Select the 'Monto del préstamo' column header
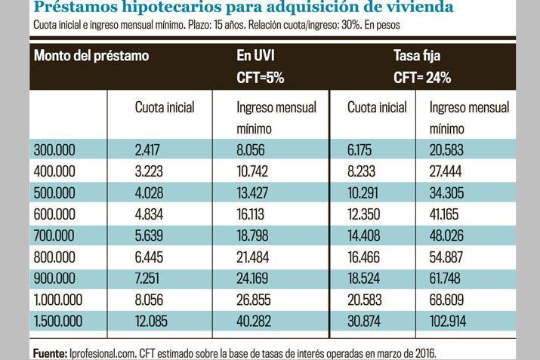(91, 56)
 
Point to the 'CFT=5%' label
(261, 78)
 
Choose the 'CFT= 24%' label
(422, 78)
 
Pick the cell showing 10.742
(253, 171)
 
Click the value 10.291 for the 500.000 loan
(363, 192)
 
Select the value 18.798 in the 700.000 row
(253, 235)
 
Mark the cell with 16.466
(364, 257)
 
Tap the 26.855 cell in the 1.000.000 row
(254, 300)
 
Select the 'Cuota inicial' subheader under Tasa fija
(377, 107)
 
